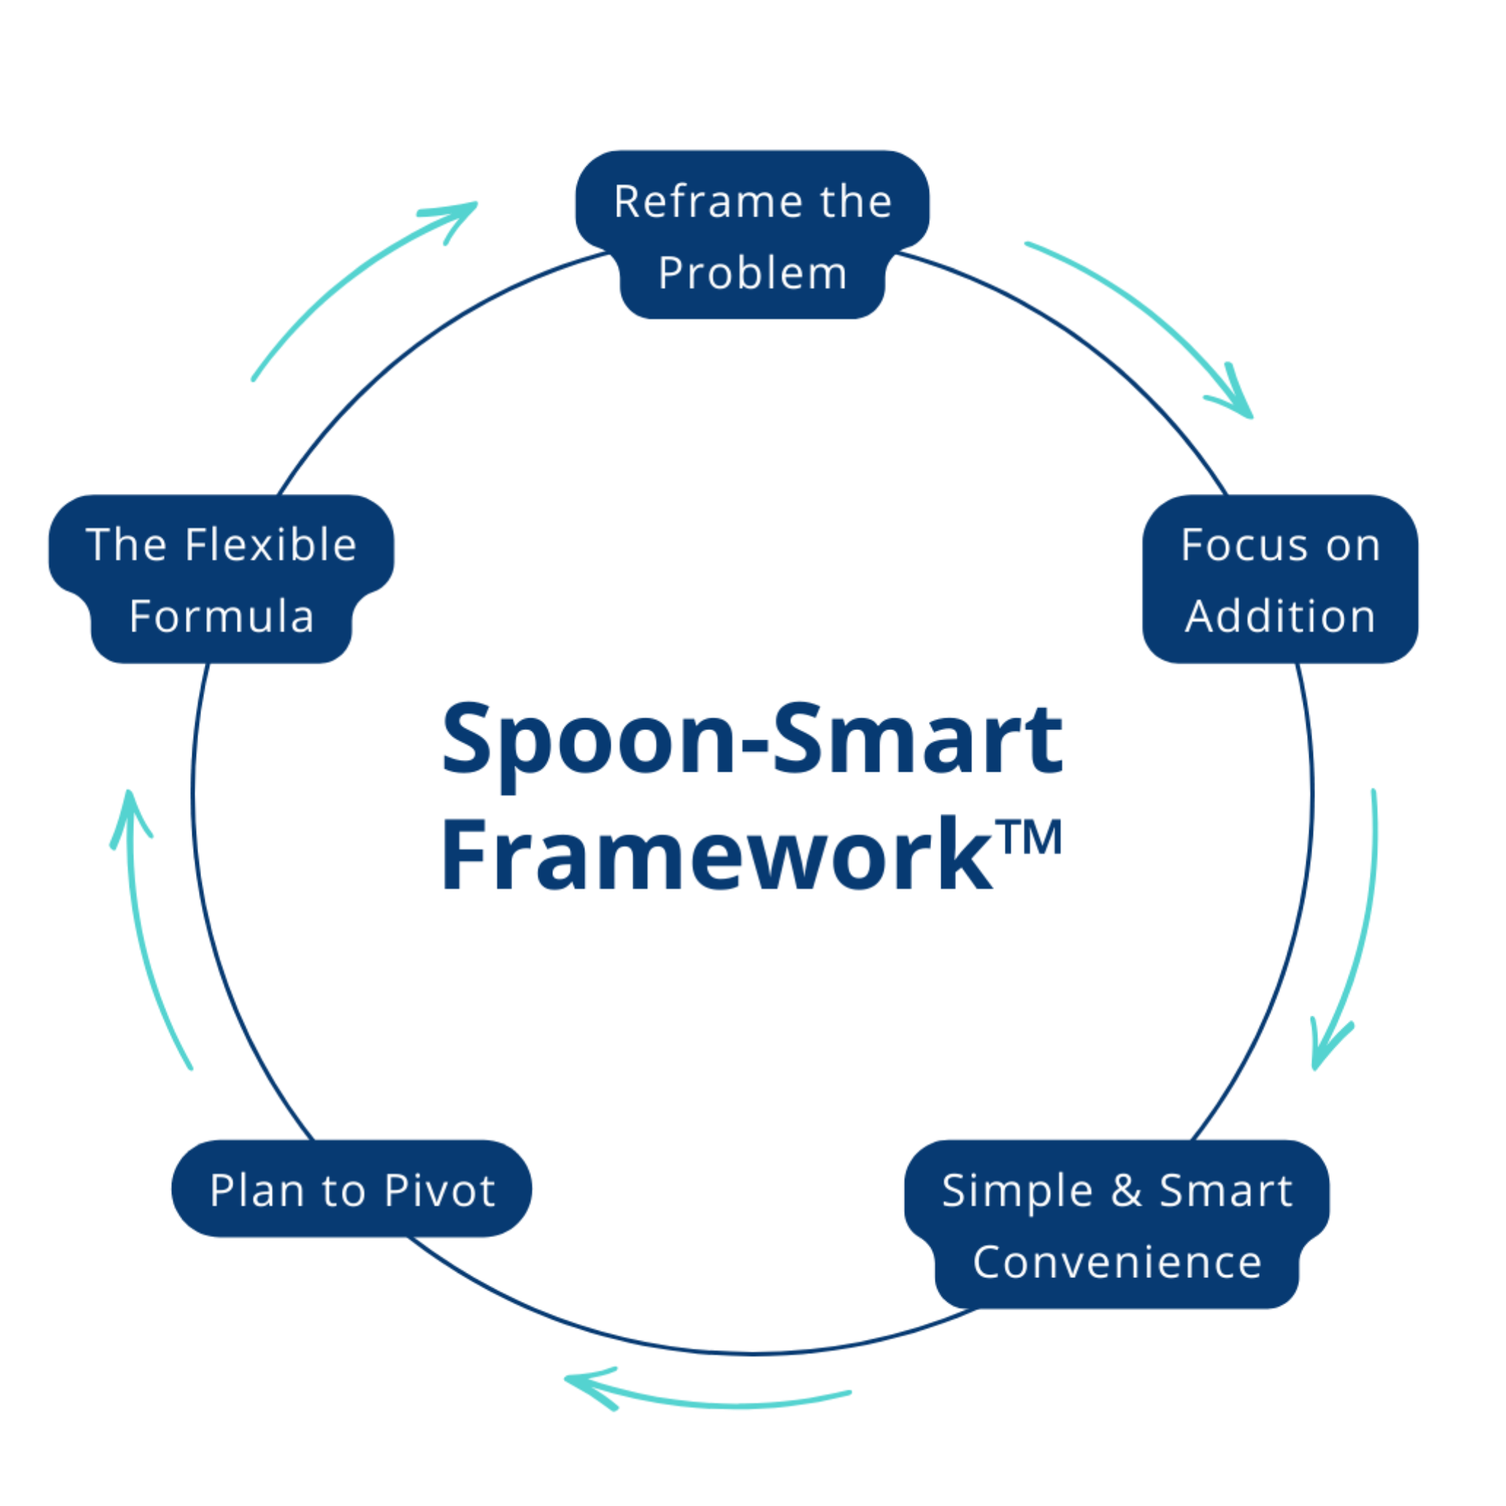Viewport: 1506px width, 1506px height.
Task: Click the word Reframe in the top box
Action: tap(707, 202)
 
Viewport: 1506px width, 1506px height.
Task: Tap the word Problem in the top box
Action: tap(752, 274)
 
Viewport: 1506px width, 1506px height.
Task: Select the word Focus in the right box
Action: tap(1236, 545)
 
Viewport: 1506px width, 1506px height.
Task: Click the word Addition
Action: tap(1280, 616)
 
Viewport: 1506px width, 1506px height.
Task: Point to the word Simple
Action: tap(1016, 1191)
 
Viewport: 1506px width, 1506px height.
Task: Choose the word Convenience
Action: tap(1116, 1262)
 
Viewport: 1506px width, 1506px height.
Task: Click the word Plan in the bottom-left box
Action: tap(256, 1191)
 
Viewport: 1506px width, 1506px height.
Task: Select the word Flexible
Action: tap(270, 545)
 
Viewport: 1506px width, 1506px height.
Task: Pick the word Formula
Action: tap(221, 616)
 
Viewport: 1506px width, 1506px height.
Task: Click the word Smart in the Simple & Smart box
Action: tap(1225, 1191)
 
